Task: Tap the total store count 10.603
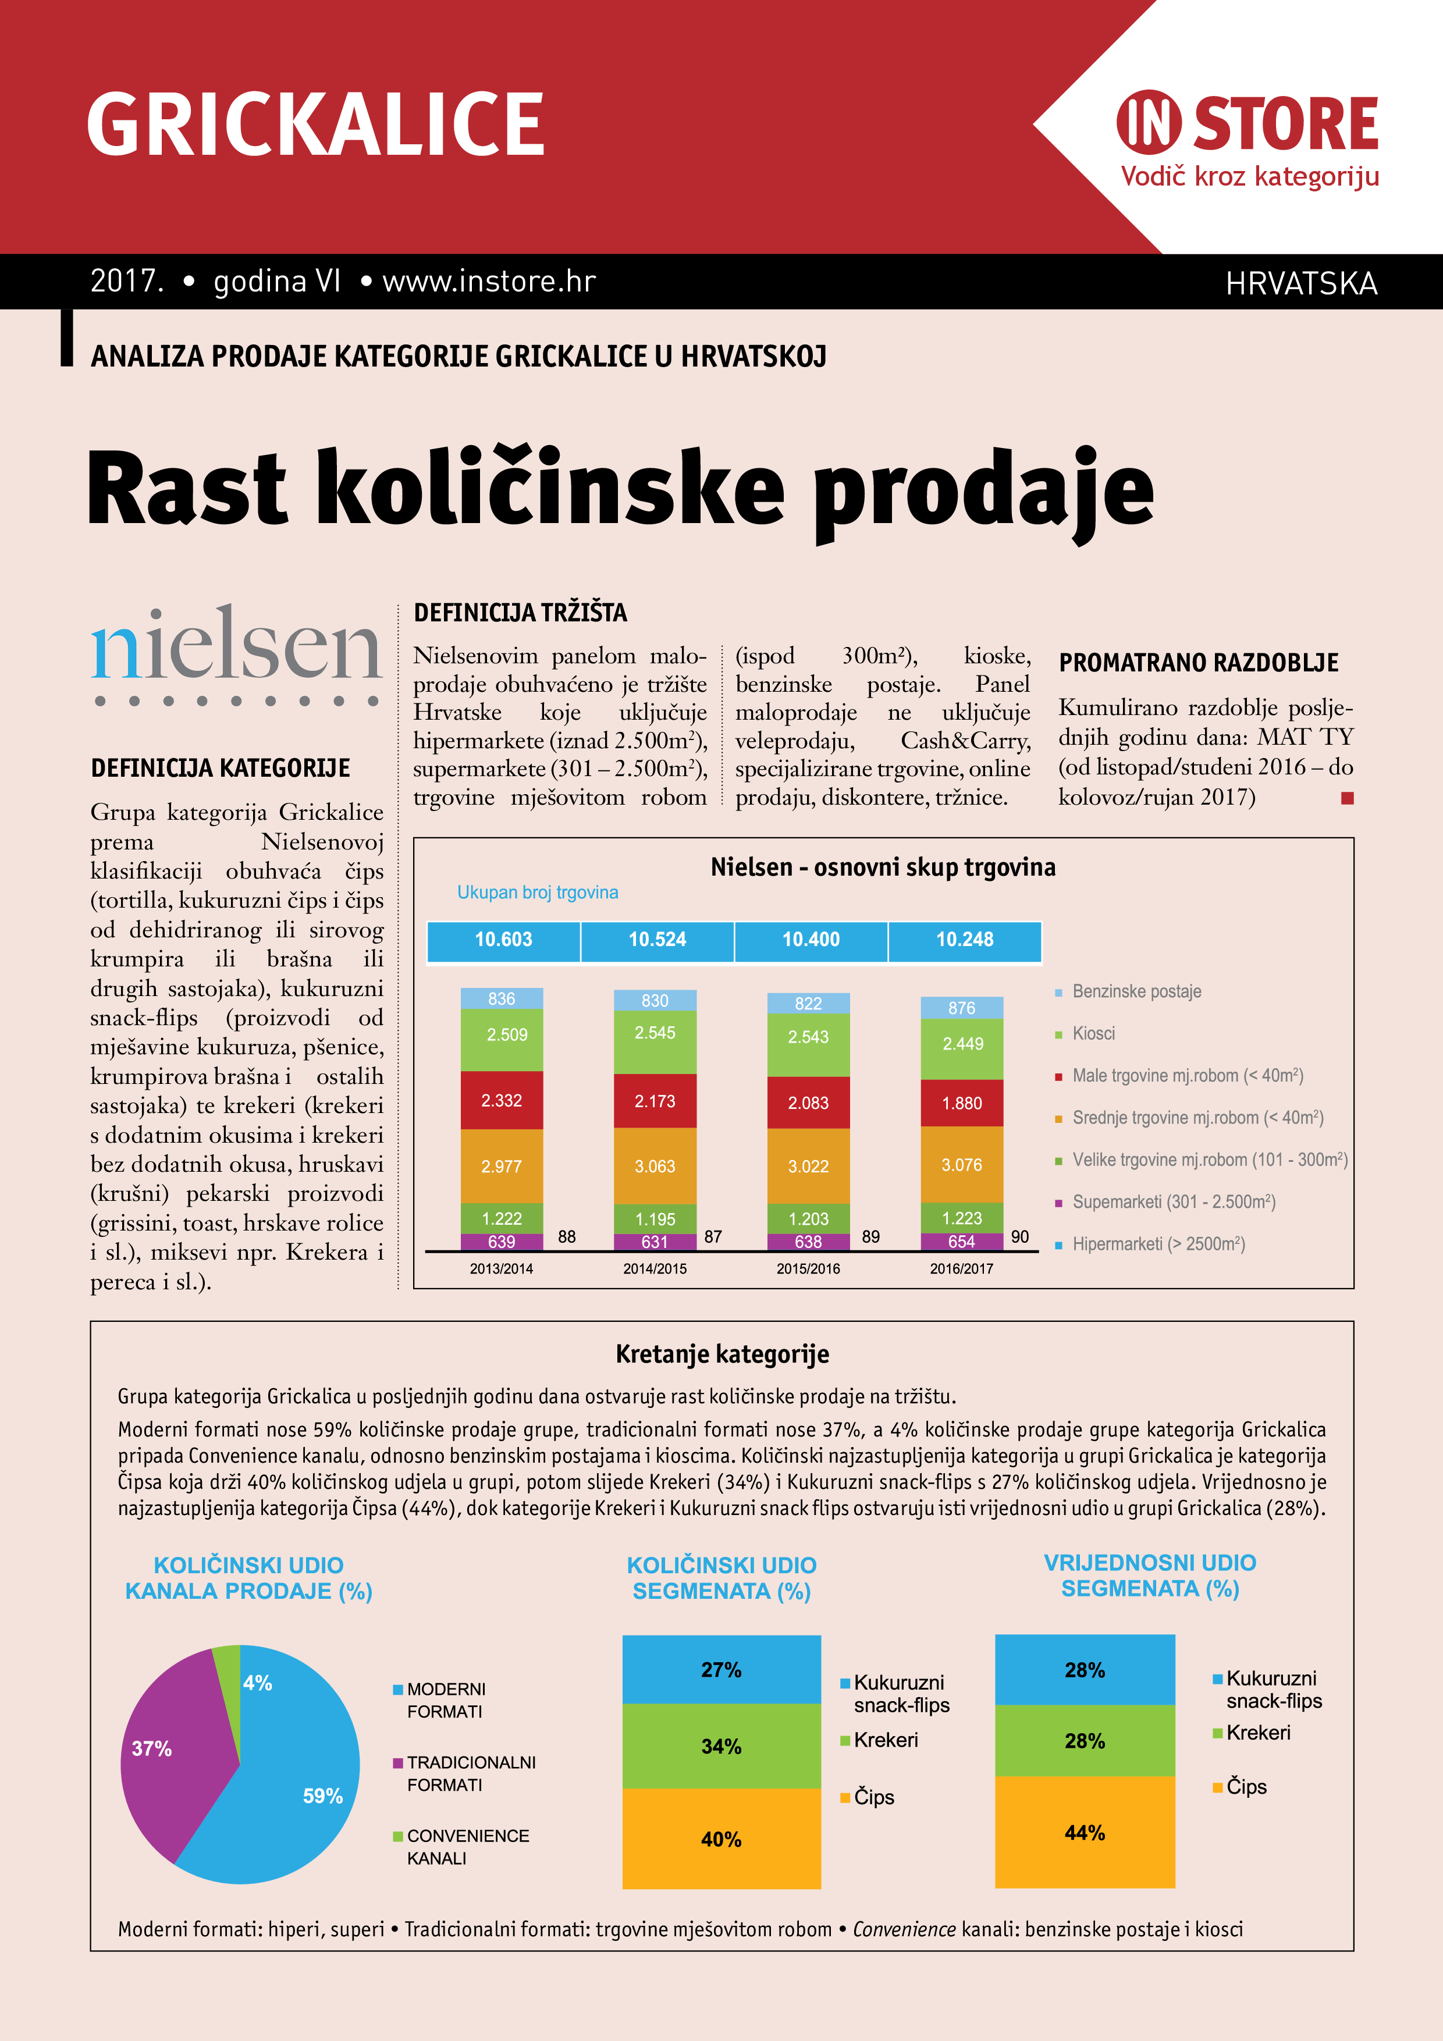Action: point(503,940)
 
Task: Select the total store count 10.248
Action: point(965,940)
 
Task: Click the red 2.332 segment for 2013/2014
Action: point(502,1101)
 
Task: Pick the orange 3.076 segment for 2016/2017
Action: point(962,1165)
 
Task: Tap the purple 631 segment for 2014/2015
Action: point(655,1242)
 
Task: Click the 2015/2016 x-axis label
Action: point(808,1268)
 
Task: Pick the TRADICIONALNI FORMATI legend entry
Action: point(470,1773)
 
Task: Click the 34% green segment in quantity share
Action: point(721,1747)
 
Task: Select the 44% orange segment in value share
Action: point(1085,1833)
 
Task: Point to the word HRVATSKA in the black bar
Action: point(1301,283)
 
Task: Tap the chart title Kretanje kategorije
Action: point(722,1354)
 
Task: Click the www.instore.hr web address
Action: point(488,282)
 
